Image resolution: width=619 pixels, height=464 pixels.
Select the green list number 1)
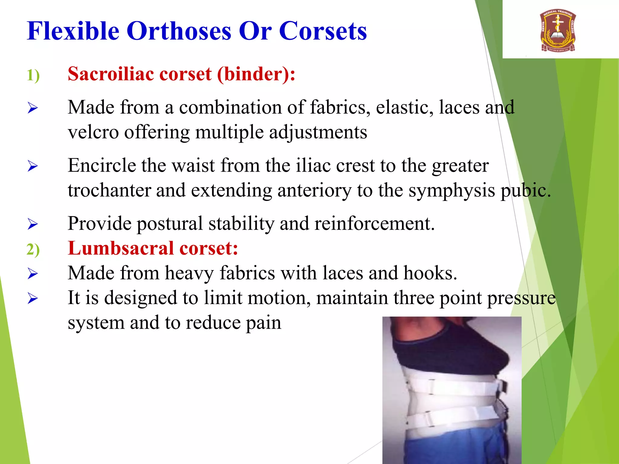[33, 75]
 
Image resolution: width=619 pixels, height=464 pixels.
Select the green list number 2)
[33, 250]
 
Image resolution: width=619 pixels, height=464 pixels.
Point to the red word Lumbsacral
[121, 248]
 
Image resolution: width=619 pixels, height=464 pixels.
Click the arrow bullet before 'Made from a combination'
[33, 108]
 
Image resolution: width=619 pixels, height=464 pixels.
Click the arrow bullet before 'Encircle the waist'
[33, 166]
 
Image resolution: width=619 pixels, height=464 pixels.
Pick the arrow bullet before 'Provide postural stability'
[33, 224]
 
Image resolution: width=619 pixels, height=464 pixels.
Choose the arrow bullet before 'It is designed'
[33, 298]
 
